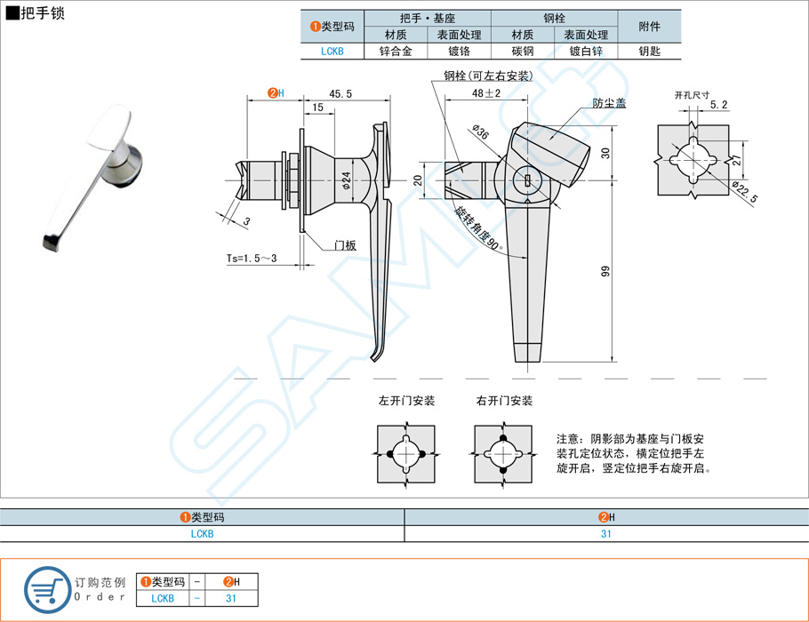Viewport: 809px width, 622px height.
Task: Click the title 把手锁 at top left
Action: point(42,13)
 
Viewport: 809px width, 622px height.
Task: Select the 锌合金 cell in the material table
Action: point(395,52)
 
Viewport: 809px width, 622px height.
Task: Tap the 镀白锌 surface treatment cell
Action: point(586,52)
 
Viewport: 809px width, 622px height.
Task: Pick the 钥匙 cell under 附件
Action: point(649,52)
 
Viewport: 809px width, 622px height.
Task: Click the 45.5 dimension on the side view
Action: point(340,93)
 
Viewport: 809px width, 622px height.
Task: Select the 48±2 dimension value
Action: point(486,92)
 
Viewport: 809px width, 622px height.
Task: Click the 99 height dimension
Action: point(605,272)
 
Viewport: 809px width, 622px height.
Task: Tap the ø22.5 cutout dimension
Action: point(745,193)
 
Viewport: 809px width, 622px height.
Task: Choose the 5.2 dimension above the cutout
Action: point(719,105)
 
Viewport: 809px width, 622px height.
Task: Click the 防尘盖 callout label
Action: point(610,103)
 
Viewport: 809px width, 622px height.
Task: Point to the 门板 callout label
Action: point(345,245)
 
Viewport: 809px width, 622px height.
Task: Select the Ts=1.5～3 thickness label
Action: point(252,259)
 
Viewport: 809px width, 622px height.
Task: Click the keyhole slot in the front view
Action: point(528,180)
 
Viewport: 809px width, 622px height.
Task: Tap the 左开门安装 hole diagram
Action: point(406,454)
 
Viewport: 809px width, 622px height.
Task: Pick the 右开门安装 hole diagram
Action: point(503,454)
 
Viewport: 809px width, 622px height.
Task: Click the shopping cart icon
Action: point(44,588)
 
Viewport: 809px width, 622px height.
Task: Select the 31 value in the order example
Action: point(230,598)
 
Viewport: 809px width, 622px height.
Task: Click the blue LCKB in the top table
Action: point(332,52)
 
